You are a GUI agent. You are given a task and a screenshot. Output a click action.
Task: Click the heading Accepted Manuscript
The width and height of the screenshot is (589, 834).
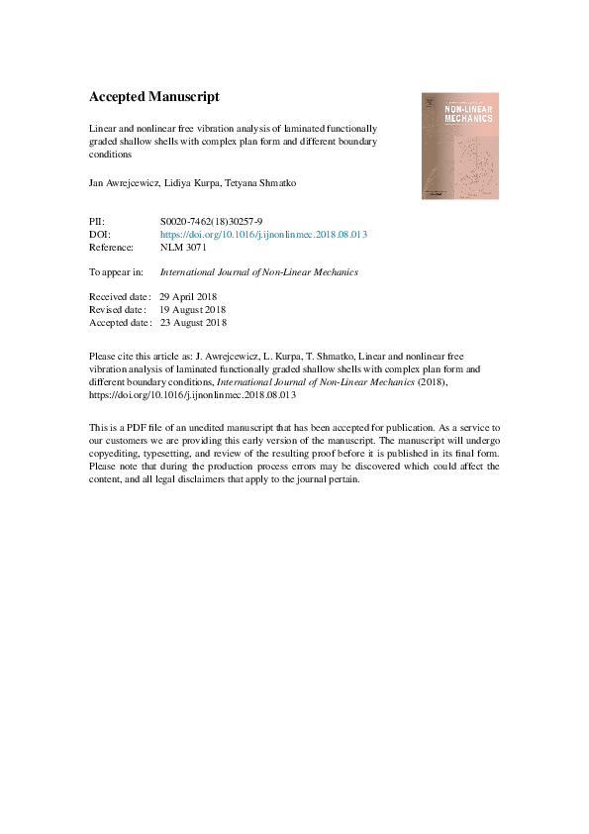coord(153,97)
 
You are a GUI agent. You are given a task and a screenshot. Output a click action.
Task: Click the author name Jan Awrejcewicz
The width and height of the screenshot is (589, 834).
coord(127,184)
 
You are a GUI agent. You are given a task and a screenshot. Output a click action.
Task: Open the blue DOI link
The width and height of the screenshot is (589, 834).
coord(263,234)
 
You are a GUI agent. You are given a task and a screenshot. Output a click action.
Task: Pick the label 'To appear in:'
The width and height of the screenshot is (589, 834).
coord(116,271)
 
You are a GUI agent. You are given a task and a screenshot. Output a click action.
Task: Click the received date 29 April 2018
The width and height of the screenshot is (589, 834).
coord(194,296)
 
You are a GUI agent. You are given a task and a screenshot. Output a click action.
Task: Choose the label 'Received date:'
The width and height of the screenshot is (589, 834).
coord(120,296)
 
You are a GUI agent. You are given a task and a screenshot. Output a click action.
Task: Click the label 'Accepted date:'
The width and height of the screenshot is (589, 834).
coord(121,322)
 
